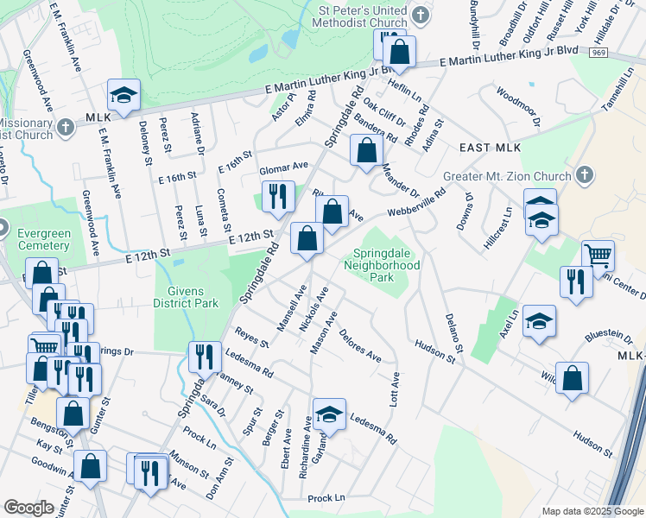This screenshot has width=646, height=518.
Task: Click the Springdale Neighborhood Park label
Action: [x=386, y=265]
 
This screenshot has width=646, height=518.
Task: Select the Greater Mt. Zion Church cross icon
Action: [x=585, y=175]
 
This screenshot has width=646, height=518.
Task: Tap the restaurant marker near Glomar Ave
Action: [x=278, y=197]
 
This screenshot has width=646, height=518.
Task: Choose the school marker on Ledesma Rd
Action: [x=328, y=414]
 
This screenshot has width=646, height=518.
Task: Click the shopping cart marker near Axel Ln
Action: [x=598, y=256]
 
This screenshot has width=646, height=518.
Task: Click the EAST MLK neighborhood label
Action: [x=489, y=148]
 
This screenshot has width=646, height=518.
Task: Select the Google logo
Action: [x=28, y=507]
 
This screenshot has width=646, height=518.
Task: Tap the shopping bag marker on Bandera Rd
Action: [x=367, y=150]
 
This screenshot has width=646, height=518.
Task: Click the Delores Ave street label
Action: [x=360, y=345]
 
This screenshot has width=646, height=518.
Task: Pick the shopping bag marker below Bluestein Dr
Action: [x=572, y=378]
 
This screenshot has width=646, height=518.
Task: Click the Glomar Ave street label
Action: [x=284, y=166]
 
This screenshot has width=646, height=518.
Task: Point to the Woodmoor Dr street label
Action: [x=518, y=106]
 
